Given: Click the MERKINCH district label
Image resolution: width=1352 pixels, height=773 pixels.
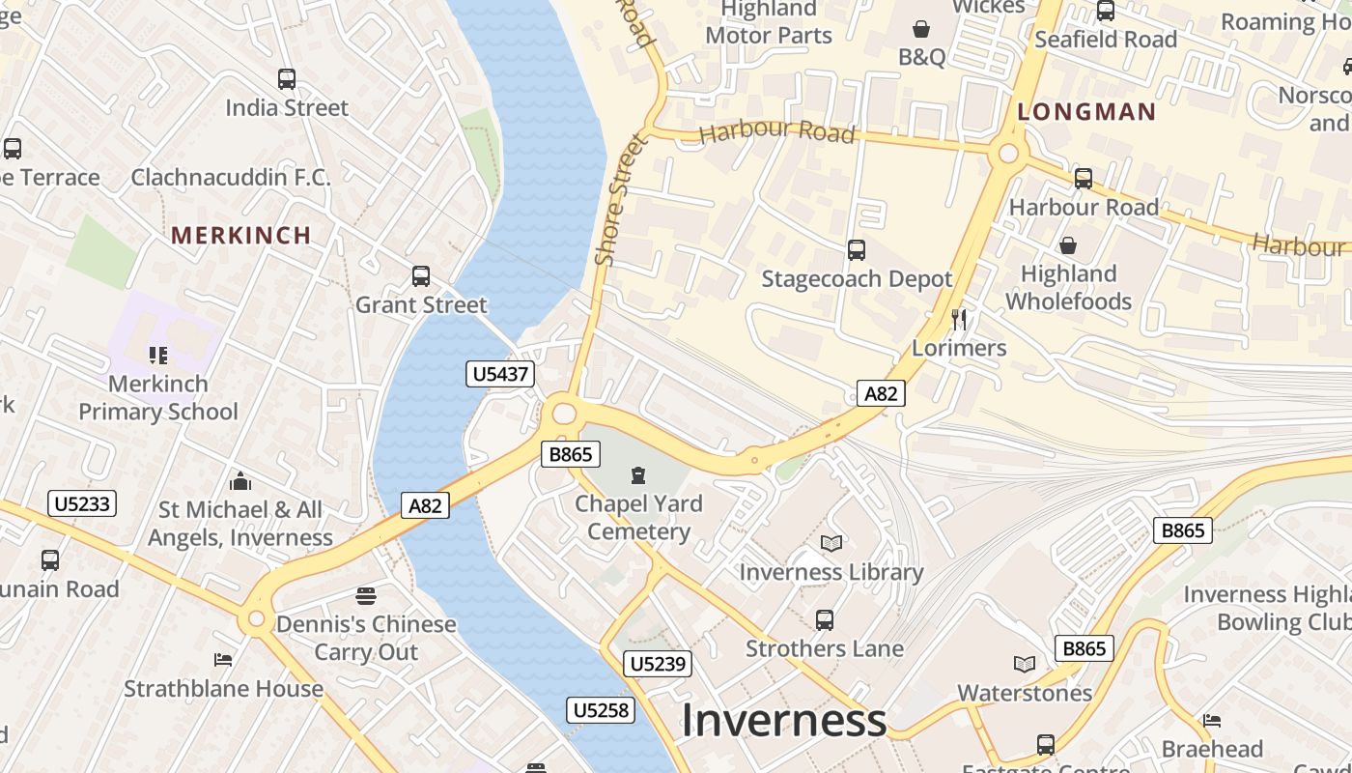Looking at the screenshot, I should (241, 235).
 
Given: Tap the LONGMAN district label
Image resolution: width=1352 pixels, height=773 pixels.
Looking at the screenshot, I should (1086, 112).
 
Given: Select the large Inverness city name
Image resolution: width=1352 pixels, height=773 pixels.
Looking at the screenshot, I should (784, 721).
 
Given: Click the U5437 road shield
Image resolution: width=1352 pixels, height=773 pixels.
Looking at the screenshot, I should (500, 374).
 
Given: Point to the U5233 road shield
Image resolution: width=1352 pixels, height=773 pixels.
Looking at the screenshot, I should (82, 503).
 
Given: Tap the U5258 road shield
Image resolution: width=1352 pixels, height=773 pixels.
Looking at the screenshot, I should (601, 710).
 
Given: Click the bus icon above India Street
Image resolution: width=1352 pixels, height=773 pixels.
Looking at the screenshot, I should (287, 79).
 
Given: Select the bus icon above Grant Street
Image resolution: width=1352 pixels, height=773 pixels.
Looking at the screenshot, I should (421, 276).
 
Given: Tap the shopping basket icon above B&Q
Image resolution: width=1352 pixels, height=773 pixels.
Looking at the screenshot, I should (921, 29).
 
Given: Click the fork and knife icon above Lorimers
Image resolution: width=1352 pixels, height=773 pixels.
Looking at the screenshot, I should (959, 320).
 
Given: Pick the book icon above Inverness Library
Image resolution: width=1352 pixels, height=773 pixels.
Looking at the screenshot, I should (831, 543).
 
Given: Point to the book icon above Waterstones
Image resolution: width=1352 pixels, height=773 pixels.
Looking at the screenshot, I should (1025, 664).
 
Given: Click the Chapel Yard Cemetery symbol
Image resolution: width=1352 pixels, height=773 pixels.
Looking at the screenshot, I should (638, 474).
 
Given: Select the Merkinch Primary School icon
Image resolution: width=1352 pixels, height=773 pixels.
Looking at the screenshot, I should (158, 356).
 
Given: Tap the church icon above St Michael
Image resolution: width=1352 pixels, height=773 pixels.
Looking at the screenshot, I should (240, 480).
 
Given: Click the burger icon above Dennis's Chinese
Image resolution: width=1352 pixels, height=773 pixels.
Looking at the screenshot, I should (366, 595).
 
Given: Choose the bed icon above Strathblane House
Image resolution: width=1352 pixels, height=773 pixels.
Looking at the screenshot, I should (223, 660).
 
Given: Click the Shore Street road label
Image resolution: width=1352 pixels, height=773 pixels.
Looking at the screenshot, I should (619, 201).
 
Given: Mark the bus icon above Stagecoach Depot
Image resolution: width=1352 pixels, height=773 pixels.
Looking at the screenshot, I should (857, 250).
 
